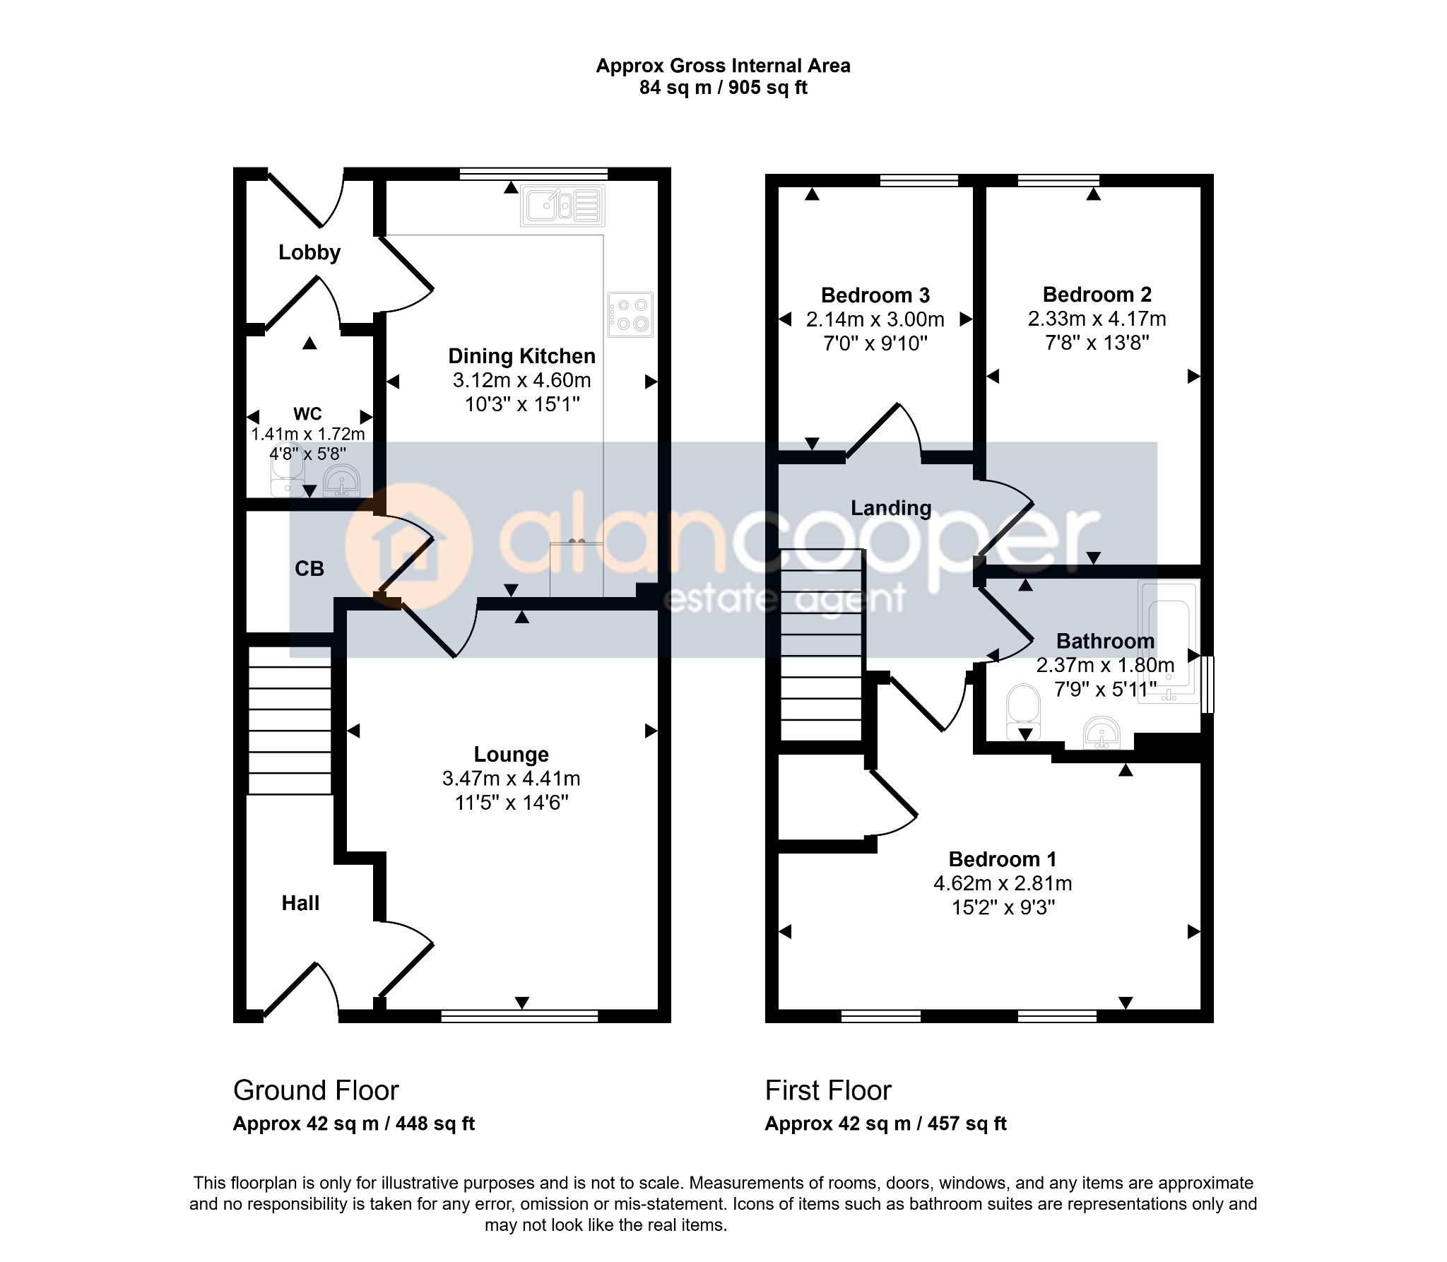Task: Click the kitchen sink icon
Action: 562,206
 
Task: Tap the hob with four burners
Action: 631,314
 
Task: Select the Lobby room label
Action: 309,252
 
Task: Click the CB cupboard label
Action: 309,568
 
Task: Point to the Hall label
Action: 300,903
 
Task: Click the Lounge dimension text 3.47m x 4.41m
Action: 512,779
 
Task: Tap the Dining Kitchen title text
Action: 522,356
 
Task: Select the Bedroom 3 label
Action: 875,295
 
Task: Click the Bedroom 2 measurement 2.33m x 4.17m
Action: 1097,319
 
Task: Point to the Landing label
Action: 891,508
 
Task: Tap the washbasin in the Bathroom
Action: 1101,732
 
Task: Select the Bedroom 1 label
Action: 1003,859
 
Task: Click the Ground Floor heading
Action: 316,1090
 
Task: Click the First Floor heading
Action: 828,1090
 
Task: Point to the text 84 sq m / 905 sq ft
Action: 723,88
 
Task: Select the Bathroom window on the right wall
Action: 1207,684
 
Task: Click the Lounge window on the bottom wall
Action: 519,1016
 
